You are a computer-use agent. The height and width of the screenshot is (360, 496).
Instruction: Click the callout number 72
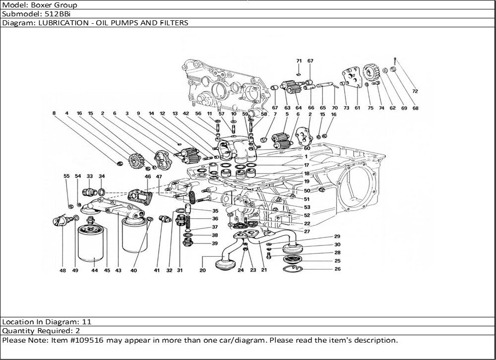click(415, 91)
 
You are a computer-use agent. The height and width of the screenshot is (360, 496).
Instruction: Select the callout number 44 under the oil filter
click(95, 270)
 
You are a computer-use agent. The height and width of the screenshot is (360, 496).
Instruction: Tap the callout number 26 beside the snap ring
click(337, 269)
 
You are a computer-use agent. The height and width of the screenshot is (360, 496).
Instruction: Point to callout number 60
click(307, 148)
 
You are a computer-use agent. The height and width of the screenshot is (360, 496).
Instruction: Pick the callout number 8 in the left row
click(54, 113)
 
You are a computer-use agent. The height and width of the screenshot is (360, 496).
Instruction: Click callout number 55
click(66, 176)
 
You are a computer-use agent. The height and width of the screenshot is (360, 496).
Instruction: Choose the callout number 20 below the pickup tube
click(202, 270)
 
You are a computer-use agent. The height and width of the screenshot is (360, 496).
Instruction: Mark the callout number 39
click(215, 243)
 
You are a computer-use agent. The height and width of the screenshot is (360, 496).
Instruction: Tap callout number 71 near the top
click(299, 60)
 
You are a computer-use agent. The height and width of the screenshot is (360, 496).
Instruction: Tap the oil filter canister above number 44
click(90, 243)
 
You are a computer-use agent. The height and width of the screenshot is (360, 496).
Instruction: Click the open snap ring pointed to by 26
click(293, 269)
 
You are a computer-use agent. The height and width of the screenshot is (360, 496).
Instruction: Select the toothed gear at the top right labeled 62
click(371, 72)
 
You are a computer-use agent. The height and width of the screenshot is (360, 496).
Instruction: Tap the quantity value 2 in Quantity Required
click(78, 331)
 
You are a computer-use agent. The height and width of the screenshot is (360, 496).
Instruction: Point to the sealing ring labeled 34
click(102, 192)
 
